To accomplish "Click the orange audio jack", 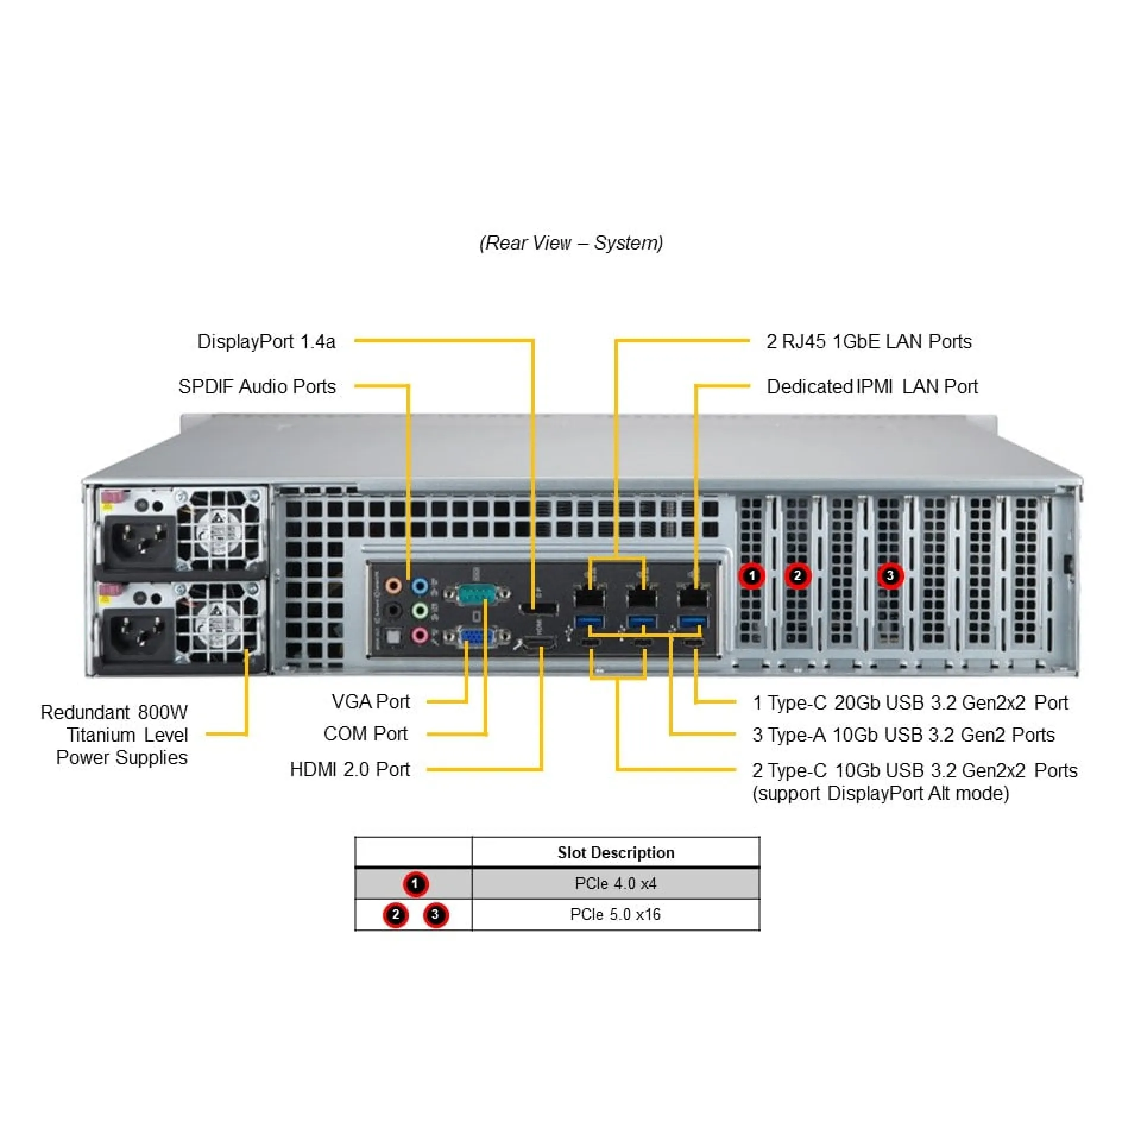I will point(393,585).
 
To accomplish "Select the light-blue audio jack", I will point(420,587).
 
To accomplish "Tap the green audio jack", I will point(420,610).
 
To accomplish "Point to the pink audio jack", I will point(420,635).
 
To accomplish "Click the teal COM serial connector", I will point(477,594).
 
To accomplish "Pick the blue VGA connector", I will point(475,636).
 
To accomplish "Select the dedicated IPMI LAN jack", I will point(694,595).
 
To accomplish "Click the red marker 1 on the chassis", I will point(752,575).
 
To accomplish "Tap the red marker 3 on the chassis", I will point(890,575).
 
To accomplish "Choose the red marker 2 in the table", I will point(396,915).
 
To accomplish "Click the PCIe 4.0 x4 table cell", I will point(615,884).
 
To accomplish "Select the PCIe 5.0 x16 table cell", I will point(615,915).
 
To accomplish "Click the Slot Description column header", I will point(615,853).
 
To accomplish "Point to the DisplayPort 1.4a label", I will point(266,342).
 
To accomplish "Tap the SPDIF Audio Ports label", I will point(257,387).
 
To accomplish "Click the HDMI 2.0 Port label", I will point(350,770).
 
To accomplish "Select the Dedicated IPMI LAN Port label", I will point(872,387).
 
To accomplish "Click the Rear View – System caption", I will point(571,243).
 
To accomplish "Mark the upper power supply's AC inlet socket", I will point(140,541).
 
